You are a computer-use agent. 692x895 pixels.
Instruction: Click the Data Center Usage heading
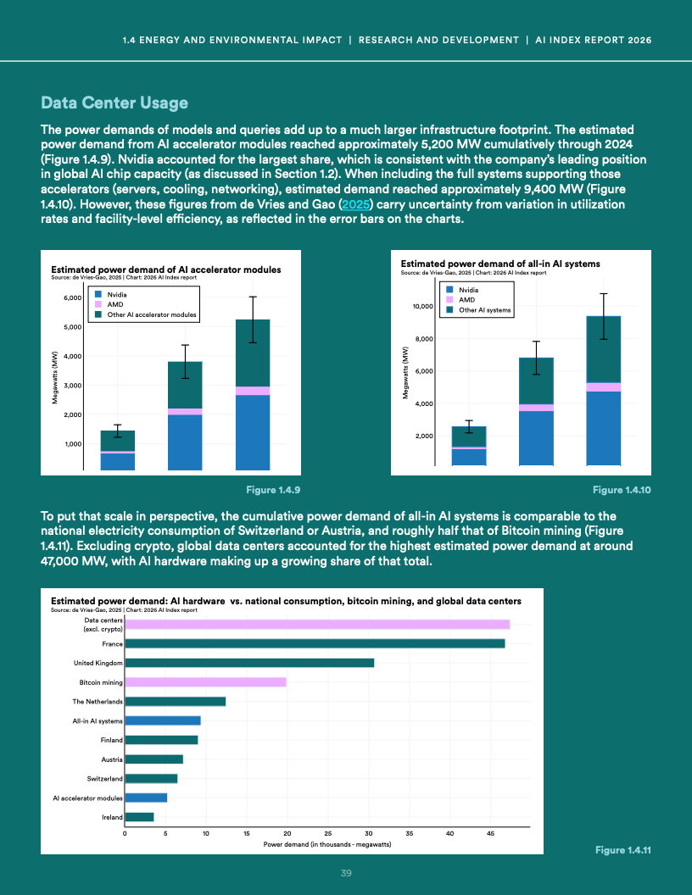pyautogui.click(x=114, y=104)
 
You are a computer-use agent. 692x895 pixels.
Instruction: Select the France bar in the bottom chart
pyautogui.click(x=315, y=643)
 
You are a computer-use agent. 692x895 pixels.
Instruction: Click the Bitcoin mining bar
pyautogui.click(x=205, y=681)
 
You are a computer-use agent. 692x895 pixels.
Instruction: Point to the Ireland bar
pyautogui.click(x=139, y=817)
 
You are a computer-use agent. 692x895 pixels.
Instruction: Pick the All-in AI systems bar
pyautogui.click(x=163, y=720)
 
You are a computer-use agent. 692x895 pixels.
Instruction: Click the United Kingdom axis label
pyautogui.click(x=99, y=663)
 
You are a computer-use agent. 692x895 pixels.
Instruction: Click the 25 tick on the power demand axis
pyautogui.click(x=328, y=835)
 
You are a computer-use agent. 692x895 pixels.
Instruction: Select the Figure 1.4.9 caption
pyautogui.click(x=273, y=490)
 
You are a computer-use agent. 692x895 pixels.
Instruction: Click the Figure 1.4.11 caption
pyautogui.click(x=622, y=850)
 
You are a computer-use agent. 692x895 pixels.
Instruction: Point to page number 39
pyautogui.click(x=346, y=874)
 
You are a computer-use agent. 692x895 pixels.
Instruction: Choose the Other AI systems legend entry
pyautogui.click(x=484, y=310)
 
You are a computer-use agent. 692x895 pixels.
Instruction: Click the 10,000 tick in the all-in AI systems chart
pyautogui.click(x=421, y=305)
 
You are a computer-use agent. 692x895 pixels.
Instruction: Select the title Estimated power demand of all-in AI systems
pyautogui.click(x=499, y=264)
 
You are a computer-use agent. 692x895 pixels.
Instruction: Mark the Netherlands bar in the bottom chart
pyautogui.click(x=175, y=701)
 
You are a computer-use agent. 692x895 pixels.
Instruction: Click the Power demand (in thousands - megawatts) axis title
pyautogui.click(x=327, y=845)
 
